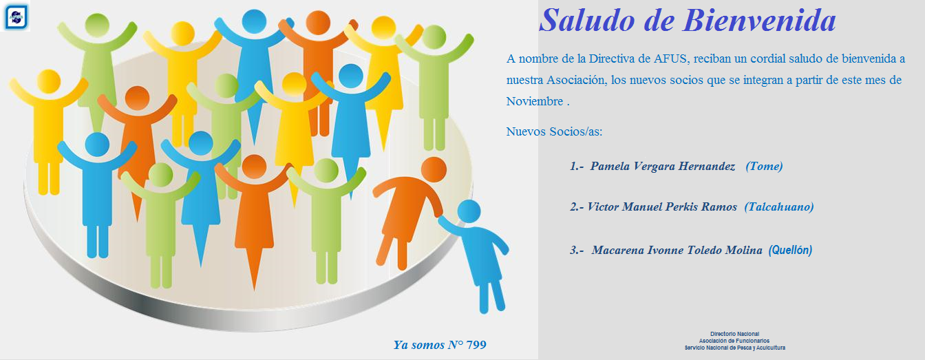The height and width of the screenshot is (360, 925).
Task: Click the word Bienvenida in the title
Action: pos(759,20)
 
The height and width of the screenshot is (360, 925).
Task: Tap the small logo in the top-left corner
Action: pos(16,17)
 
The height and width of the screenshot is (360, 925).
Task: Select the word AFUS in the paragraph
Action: pos(672,59)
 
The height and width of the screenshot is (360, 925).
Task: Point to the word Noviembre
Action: pos(535,101)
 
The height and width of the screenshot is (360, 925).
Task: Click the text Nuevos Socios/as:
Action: pos(554,131)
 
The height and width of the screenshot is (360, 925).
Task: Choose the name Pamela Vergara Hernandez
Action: pos(662,166)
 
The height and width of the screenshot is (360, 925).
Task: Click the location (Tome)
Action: pos(764,166)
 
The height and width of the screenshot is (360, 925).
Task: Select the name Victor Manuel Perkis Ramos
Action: pos(662,207)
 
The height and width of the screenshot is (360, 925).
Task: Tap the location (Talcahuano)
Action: pos(779,207)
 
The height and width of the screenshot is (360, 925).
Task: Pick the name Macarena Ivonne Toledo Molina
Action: pos(677,250)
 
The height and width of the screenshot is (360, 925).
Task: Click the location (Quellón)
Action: pos(790,250)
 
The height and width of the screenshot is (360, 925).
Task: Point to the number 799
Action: pos(476,345)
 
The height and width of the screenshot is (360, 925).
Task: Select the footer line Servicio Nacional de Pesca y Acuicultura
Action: pos(734,348)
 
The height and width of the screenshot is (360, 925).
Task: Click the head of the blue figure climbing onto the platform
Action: pos(469,211)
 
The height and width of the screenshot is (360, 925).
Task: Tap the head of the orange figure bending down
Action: pos(434,169)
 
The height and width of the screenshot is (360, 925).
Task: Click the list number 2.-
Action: pos(577,207)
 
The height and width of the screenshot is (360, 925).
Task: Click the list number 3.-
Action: pos(577,250)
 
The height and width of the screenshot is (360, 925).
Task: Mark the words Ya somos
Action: pos(418,345)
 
